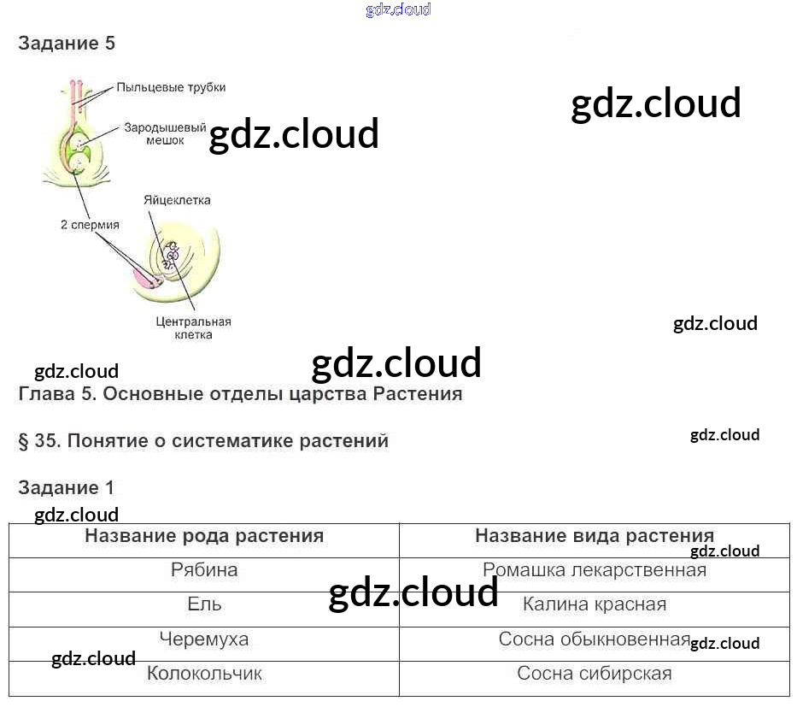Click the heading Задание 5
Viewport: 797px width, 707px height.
(x=67, y=44)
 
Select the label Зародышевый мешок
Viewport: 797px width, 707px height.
(x=165, y=134)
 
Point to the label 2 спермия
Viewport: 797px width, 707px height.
(x=90, y=225)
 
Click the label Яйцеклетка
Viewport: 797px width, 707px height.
(x=177, y=200)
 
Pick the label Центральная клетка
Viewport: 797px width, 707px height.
(x=194, y=328)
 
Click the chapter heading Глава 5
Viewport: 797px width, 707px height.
(x=240, y=394)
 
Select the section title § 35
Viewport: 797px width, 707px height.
(x=203, y=441)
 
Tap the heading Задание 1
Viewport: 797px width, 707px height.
(x=66, y=488)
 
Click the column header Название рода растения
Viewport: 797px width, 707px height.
(x=204, y=536)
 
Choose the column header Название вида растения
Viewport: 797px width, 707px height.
(x=595, y=536)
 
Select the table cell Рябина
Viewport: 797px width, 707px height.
(x=204, y=570)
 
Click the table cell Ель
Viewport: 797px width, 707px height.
(x=204, y=604)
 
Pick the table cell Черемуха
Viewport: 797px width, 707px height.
(x=204, y=639)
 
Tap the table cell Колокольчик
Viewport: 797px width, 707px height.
(x=204, y=674)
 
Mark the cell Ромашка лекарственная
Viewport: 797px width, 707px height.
(x=595, y=570)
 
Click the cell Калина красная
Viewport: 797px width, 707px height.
(x=595, y=604)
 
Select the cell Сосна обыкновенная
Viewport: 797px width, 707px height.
(x=595, y=639)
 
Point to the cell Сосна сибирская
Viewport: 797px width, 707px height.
(x=595, y=674)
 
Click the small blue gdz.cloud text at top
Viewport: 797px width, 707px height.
(x=398, y=10)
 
